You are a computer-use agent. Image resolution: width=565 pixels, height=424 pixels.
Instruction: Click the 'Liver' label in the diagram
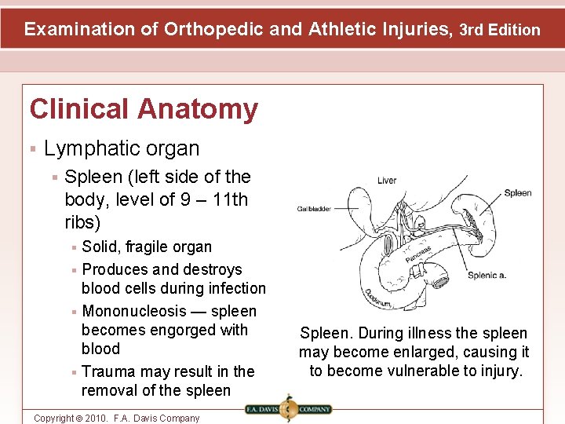[x=387, y=181]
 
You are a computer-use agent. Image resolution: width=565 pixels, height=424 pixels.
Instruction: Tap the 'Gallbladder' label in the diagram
[x=313, y=209]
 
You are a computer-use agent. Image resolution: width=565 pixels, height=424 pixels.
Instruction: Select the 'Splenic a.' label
[x=487, y=276]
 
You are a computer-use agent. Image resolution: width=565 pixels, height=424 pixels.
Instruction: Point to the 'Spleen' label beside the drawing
[x=517, y=193]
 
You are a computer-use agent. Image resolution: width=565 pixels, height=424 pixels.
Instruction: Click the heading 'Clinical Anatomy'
[x=144, y=109]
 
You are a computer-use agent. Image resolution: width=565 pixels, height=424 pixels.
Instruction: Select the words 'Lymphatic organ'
[x=122, y=148]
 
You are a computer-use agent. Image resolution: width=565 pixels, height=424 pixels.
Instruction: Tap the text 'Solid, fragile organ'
[x=147, y=247]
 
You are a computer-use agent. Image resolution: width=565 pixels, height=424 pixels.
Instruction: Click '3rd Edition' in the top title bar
[x=500, y=30]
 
